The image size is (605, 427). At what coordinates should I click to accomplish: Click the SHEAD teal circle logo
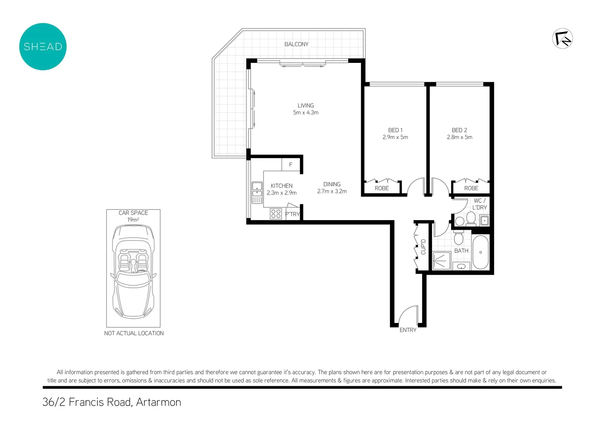tap(43, 47)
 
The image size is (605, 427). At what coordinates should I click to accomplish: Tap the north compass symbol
tap(562, 39)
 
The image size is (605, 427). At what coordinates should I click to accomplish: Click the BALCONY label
tap(296, 44)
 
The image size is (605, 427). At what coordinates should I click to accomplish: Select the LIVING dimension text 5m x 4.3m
tap(305, 113)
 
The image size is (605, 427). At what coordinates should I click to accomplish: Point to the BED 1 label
tap(395, 130)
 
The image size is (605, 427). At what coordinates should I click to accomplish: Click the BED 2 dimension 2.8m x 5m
tap(459, 137)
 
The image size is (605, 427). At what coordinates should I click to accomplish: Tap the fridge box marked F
tap(290, 164)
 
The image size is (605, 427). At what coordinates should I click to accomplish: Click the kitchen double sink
tap(257, 193)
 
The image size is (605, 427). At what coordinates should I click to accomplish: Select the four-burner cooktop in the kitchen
tap(276, 214)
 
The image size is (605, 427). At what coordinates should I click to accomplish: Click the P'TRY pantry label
tap(292, 214)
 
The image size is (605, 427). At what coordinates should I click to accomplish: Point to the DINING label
tap(332, 184)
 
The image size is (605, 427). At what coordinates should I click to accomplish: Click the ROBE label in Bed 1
tap(381, 188)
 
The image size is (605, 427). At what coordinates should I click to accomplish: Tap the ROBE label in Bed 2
tap(471, 188)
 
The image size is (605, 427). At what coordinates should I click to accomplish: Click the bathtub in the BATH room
tap(480, 252)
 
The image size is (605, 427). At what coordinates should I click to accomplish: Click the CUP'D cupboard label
tap(423, 247)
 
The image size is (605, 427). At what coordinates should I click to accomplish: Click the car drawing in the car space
tap(133, 271)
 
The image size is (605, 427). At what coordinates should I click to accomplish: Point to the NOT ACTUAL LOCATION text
tap(134, 333)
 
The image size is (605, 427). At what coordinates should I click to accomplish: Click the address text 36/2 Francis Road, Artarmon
tap(112, 402)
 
